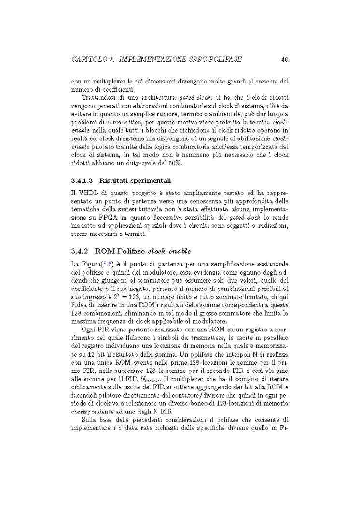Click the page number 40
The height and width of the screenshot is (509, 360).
[284, 60]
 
